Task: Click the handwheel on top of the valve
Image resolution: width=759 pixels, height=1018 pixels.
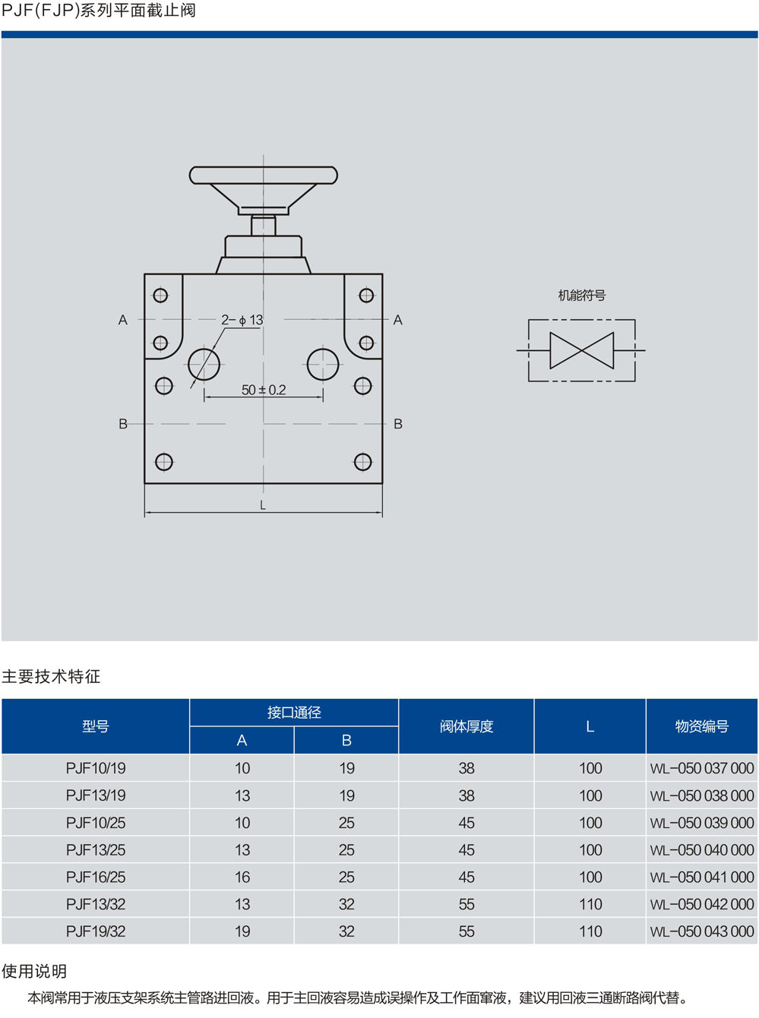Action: coord(263,176)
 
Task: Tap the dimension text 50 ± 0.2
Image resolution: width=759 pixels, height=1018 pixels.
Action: coord(264,390)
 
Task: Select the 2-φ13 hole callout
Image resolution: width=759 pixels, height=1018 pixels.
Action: coord(242,320)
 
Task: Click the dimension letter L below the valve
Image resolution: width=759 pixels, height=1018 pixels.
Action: coord(263,505)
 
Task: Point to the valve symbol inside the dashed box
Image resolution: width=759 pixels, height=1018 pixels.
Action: coord(582,350)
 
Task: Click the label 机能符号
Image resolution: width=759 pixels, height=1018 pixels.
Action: coord(581,296)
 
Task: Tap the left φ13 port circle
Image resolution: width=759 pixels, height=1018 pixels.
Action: coord(204,365)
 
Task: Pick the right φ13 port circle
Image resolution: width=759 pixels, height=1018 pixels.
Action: coord(323,365)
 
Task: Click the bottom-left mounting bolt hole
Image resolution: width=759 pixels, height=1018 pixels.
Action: coord(164,461)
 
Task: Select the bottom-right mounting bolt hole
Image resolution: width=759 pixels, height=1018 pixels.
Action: coord(363,461)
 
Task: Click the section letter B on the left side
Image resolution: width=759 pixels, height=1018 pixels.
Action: coord(123,424)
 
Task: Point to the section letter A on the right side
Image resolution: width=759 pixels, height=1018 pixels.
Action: coord(397,320)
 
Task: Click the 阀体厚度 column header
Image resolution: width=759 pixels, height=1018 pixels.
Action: coord(466,726)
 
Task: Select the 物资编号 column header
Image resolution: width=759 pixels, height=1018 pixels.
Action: coord(701,726)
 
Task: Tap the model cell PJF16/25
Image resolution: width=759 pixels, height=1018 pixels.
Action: coord(96,877)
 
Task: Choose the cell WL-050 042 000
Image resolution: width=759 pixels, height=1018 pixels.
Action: coord(701,904)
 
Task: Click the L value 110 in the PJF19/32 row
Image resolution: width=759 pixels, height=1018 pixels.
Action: coord(590,931)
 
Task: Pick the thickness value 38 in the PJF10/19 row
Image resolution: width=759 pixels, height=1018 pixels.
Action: coord(466,768)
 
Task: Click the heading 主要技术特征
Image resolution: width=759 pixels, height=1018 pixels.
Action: coord(51,676)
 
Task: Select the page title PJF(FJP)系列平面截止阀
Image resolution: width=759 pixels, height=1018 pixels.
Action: coord(99,11)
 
